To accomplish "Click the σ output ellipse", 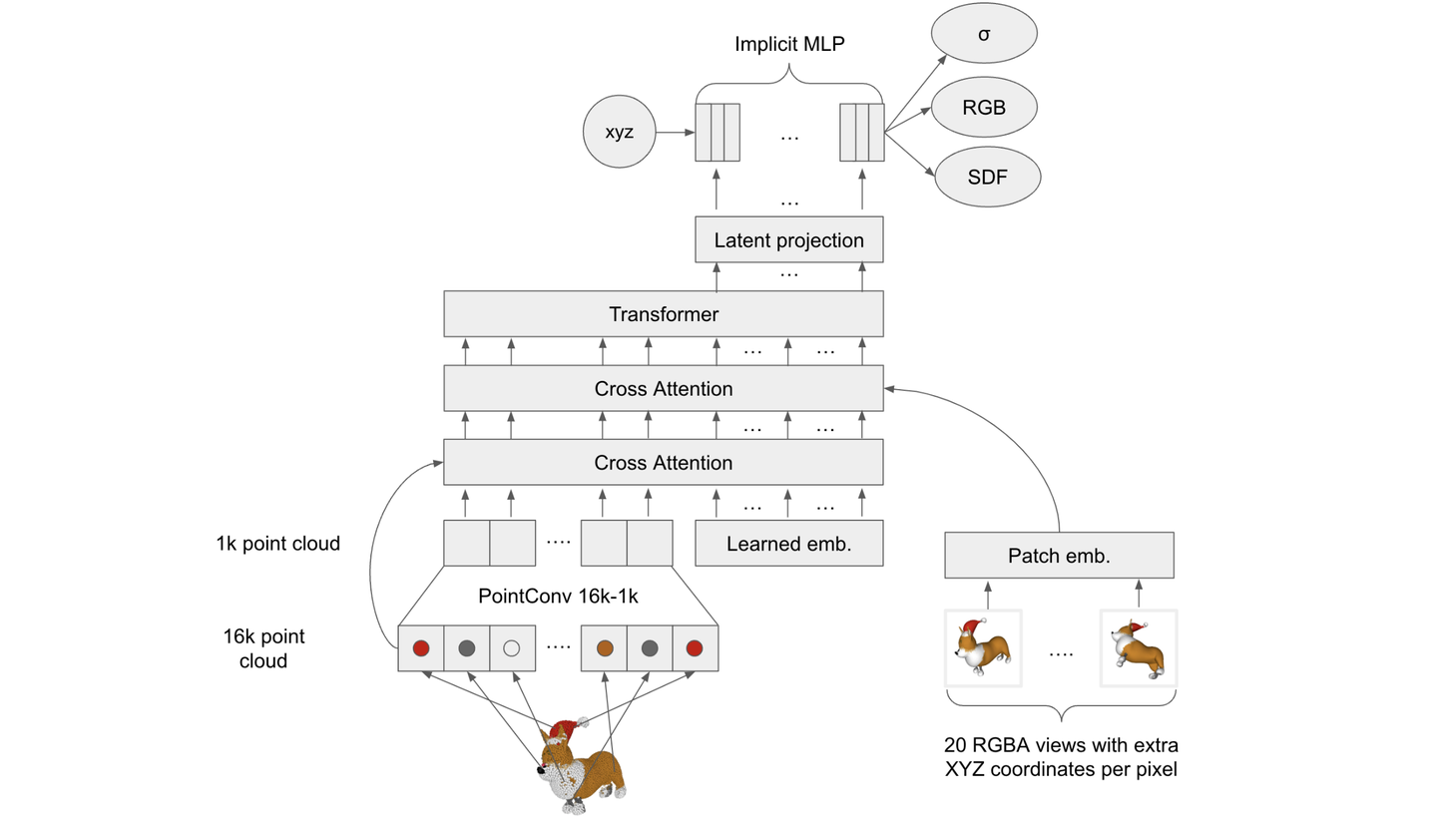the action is click(984, 33).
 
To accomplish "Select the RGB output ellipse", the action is click(984, 107).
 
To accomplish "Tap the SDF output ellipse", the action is click(988, 177).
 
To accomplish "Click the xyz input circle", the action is click(619, 132).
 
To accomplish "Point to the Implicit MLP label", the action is click(789, 44).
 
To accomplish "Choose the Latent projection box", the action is click(789, 239).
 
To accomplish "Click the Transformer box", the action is click(664, 314).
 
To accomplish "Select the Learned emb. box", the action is click(789, 543).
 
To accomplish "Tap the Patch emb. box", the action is click(1059, 556).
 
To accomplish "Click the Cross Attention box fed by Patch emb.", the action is click(664, 389).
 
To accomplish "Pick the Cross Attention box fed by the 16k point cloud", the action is click(664, 462).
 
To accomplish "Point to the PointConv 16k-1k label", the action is click(558, 597).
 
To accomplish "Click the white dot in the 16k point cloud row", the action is click(511, 648).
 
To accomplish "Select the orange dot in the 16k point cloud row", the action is click(605, 648).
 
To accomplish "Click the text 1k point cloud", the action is click(277, 543).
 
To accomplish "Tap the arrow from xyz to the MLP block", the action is click(676, 133).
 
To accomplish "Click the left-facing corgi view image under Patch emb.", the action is click(983, 648).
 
